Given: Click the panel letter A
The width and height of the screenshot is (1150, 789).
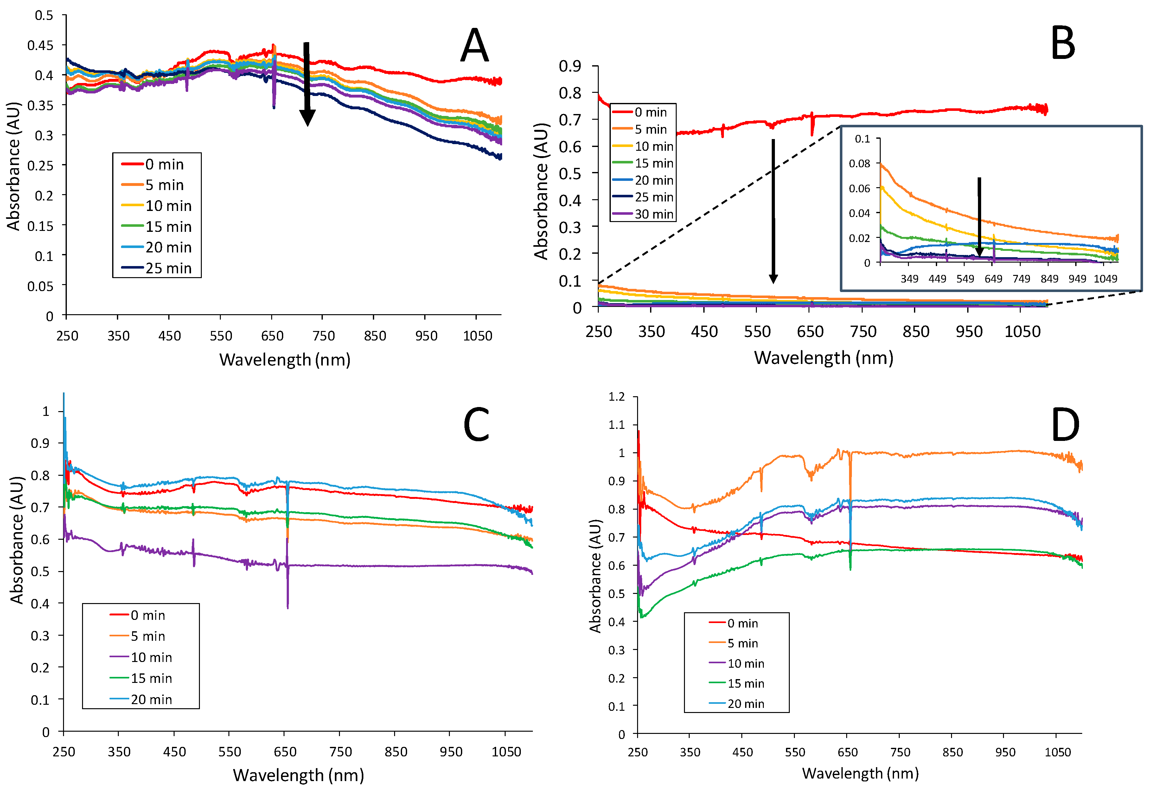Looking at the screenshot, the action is [x=474, y=46].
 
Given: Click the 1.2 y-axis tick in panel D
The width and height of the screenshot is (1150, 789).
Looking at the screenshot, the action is [x=617, y=397].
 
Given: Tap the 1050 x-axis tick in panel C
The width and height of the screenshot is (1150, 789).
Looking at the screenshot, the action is [x=506, y=752].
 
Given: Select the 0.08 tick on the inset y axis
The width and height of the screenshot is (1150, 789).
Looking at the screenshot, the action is [x=859, y=164].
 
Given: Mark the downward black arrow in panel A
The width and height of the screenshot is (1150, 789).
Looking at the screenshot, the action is [x=307, y=84].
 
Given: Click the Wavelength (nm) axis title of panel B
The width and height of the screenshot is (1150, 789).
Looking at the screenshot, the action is [x=823, y=358].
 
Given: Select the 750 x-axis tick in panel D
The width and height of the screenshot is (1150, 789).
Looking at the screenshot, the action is [x=900, y=752].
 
